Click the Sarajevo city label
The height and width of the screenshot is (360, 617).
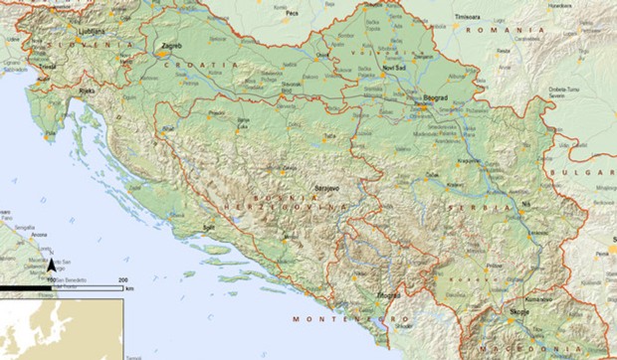(327, 187)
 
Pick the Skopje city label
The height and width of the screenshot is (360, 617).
(516, 313)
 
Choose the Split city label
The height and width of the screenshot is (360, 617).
(209, 227)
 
